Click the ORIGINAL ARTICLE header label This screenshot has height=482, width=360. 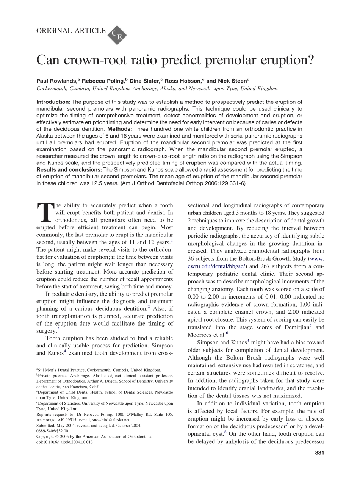[x=71, y=31]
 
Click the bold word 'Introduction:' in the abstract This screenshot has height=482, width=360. [x=53, y=102]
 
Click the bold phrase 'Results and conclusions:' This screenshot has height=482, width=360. [x=69, y=170]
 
